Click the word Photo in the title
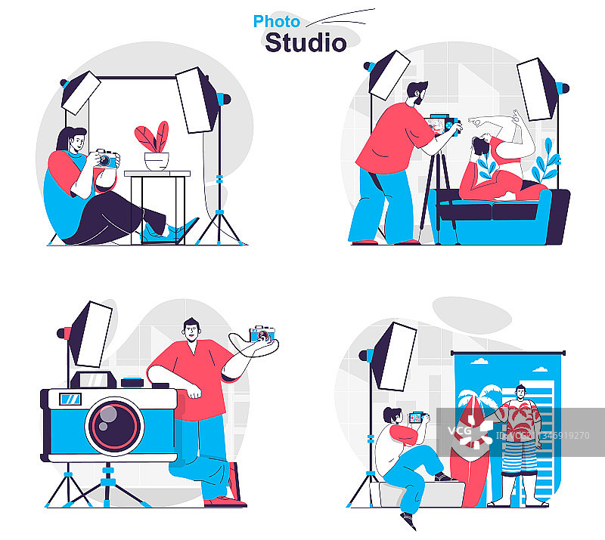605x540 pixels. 276,22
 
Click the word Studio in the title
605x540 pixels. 306,42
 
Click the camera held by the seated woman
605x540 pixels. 107,159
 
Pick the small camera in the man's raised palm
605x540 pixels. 262,334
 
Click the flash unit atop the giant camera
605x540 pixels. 93,380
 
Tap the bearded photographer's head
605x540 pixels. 417,93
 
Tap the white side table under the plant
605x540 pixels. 157,206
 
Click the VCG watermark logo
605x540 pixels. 470,431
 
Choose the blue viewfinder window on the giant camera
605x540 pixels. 70,399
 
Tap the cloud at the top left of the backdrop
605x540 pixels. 479,361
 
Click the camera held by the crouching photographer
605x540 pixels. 417,418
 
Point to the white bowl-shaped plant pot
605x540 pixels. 157,162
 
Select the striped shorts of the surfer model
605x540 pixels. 520,458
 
